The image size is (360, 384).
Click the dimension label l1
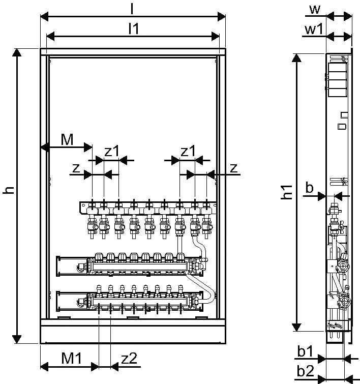coord(134,28)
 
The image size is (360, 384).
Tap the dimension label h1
coord(287,192)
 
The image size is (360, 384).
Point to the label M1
coord(71,358)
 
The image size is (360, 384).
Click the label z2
coord(129,359)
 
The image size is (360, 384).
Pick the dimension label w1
coord(314,29)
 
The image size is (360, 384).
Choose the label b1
coord(305,351)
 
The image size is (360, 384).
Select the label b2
coord(306,371)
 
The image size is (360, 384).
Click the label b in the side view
coord(310,188)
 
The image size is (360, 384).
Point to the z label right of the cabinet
coord(234,168)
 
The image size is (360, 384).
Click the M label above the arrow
coord(67,140)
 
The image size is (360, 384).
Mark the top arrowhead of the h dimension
coord(17,52)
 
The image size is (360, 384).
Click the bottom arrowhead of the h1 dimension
coord(296,327)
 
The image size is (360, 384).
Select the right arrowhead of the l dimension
coord(221,17)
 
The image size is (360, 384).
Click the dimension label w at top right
coord(315,10)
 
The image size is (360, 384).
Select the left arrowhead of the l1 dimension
coord(50,37)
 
